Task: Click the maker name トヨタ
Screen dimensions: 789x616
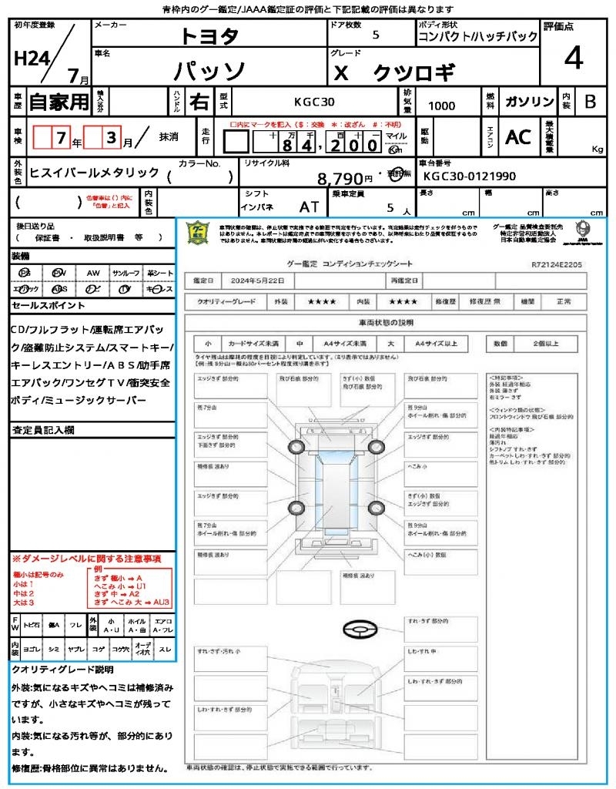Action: pyautogui.click(x=209, y=36)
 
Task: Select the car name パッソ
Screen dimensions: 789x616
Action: pyautogui.click(x=209, y=71)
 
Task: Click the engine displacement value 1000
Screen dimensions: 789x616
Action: pyautogui.click(x=441, y=106)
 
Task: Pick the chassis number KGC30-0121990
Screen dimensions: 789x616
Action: pyautogui.click(x=470, y=176)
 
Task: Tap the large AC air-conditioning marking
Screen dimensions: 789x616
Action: pyautogui.click(x=518, y=137)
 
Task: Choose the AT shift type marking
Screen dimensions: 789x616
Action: pyautogui.click(x=310, y=207)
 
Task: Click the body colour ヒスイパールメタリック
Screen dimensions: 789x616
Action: pyautogui.click(x=94, y=173)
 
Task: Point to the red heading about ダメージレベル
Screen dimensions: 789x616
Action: pyautogui.click(x=86, y=558)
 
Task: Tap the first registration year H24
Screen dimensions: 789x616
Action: pyautogui.click(x=30, y=59)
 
